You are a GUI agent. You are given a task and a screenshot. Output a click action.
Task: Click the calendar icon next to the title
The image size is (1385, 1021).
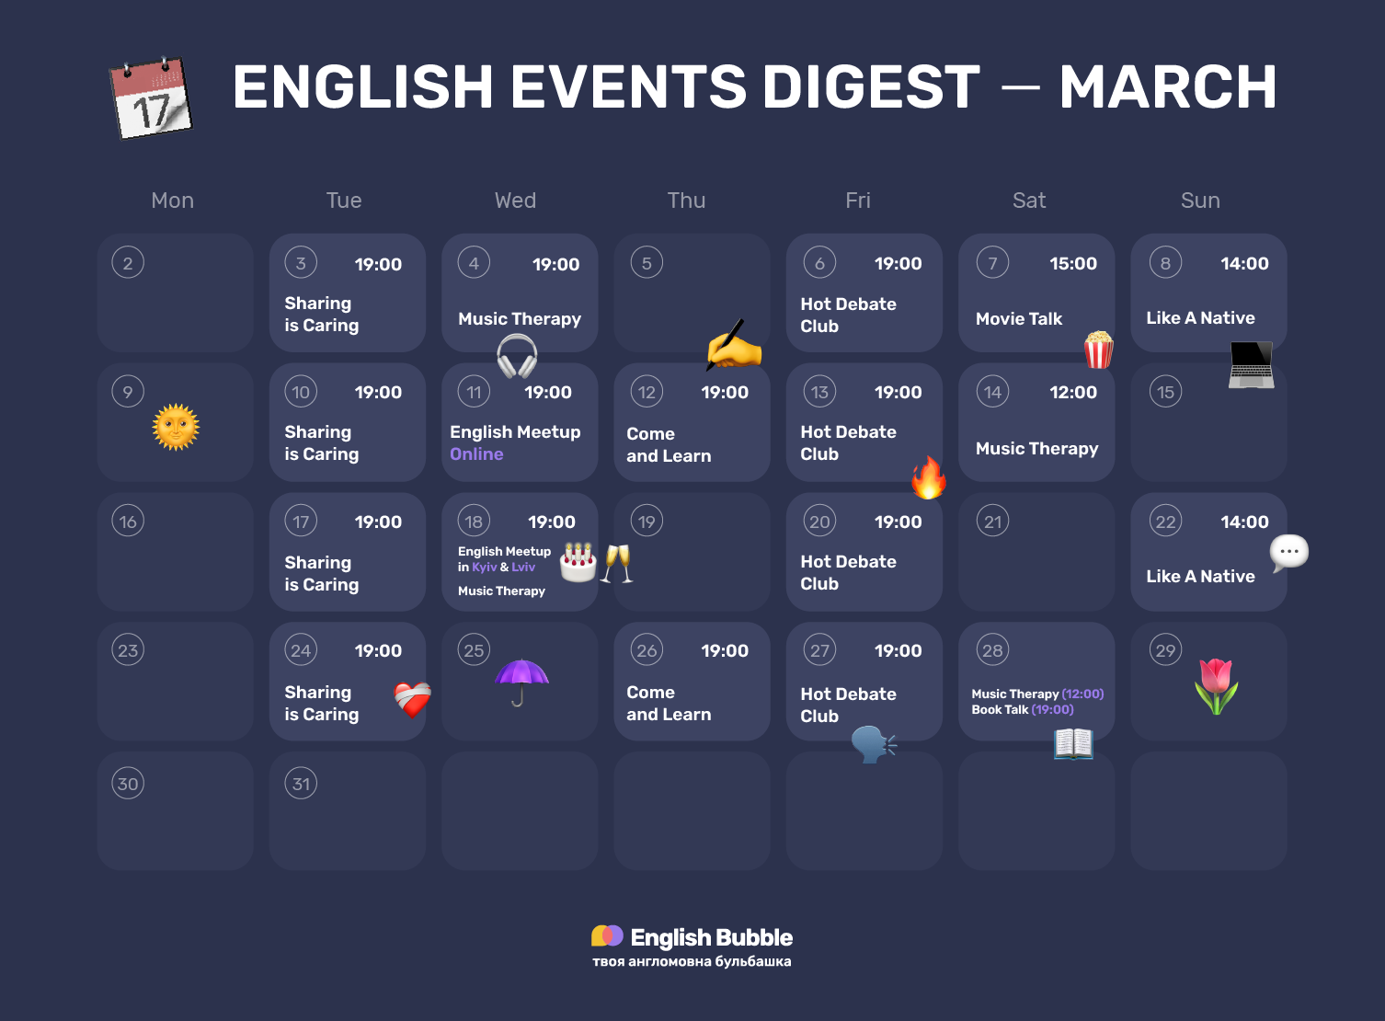pyautogui.click(x=152, y=98)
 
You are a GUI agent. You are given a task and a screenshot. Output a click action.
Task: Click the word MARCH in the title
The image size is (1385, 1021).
pyautogui.click(x=1168, y=87)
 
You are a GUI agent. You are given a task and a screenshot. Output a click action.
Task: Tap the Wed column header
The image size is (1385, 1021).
pyautogui.click(x=515, y=201)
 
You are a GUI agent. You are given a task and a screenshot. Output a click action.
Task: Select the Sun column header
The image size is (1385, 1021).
pyautogui.click(x=1200, y=201)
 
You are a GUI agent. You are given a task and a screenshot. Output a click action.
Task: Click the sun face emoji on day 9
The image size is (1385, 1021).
pyautogui.click(x=176, y=428)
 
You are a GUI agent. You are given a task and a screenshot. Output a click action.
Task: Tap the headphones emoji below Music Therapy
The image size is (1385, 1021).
pyautogui.click(x=517, y=356)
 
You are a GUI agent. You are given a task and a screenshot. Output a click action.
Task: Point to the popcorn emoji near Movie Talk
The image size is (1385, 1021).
pyautogui.click(x=1098, y=350)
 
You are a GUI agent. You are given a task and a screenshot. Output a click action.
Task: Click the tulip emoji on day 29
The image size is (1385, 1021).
pyautogui.click(x=1216, y=686)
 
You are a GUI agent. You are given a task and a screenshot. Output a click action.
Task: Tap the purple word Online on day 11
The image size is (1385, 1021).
pyautogui.click(x=476, y=454)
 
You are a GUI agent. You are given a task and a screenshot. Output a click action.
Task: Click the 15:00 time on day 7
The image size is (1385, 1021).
pyautogui.click(x=1072, y=264)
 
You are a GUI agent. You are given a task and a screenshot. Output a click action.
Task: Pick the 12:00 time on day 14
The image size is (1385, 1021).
pyautogui.click(x=1072, y=393)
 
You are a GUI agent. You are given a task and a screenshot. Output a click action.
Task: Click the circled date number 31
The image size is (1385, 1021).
pyautogui.click(x=301, y=784)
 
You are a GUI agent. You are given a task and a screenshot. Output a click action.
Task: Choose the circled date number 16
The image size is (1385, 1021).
pyautogui.click(x=128, y=522)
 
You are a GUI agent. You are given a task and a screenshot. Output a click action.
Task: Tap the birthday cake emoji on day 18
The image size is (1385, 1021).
pyautogui.click(x=578, y=562)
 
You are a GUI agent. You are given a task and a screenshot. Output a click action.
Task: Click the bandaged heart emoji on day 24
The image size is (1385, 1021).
pyautogui.click(x=412, y=700)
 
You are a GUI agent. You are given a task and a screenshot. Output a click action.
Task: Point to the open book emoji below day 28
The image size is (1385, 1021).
pyautogui.click(x=1073, y=743)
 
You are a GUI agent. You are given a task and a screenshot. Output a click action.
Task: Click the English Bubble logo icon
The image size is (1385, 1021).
pyautogui.click(x=607, y=936)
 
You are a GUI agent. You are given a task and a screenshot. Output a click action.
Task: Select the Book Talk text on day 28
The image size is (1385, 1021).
pyautogui.click(x=1000, y=710)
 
